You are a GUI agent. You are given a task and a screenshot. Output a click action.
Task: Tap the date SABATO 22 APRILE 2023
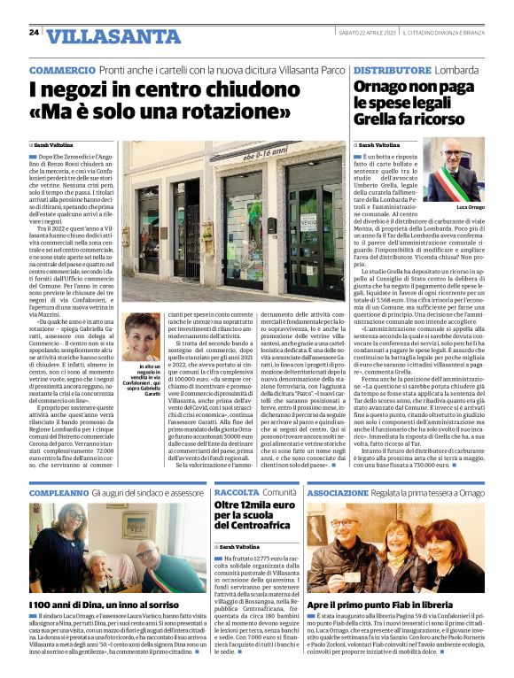362,32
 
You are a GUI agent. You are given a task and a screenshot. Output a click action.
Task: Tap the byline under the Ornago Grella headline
379,144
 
